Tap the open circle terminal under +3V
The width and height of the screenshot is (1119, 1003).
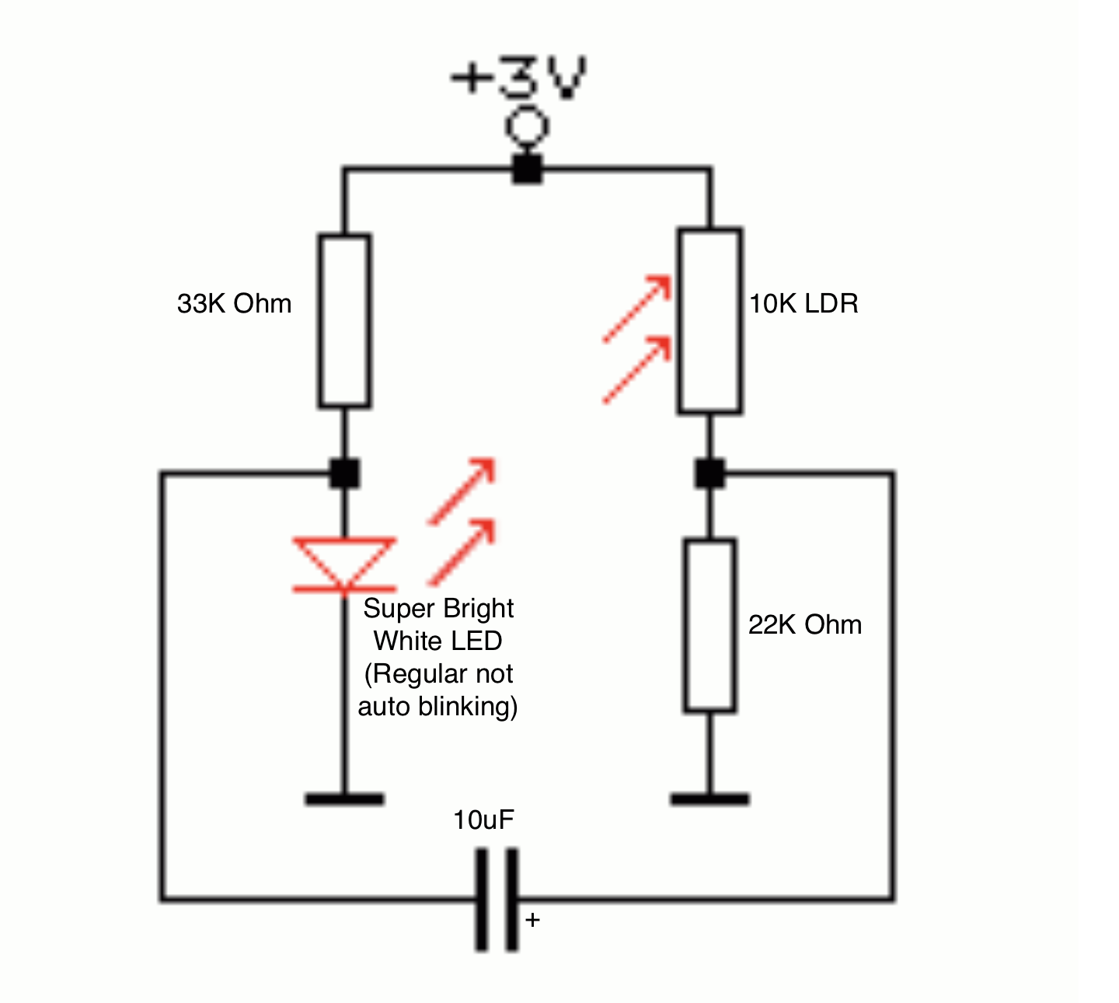pos(528,127)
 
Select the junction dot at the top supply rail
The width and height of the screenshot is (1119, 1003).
pos(528,169)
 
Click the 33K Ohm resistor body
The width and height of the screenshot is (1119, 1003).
pos(344,320)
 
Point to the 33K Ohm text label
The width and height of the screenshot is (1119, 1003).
pos(234,303)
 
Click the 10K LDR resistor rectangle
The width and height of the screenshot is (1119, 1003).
pos(709,320)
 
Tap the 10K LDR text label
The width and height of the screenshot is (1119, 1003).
pos(804,303)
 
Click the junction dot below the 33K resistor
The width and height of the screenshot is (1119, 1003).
pos(344,473)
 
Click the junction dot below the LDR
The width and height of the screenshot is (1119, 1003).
pos(709,473)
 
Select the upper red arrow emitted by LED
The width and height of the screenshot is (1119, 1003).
pos(462,491)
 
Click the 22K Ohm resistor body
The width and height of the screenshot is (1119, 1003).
pos(709,625)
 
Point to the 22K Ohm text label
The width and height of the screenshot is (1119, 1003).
pos(805,624)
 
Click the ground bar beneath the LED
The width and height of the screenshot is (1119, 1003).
pos(344,799)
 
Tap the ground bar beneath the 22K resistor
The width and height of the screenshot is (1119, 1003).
pos(709,799)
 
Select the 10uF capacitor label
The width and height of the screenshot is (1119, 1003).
pos(483,820)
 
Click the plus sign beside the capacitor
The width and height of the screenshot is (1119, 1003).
pos(532,920)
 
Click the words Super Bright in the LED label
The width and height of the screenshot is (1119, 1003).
pos(438,608)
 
